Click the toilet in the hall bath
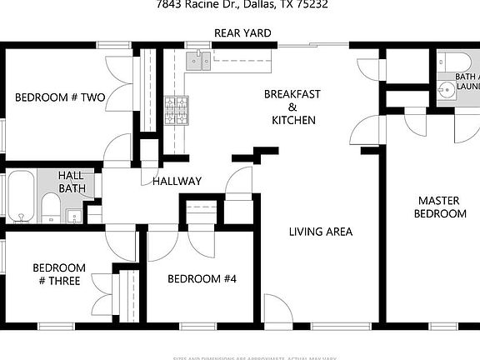[x=50, y=208]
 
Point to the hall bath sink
[x=73, y=217]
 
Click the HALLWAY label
[x=177, y=181]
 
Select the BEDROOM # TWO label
[x=60, y=97]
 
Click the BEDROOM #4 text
[x=202, y=278]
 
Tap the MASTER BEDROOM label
[x=442, y=207]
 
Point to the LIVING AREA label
[x=321, y=232]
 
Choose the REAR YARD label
[x=239, y=34]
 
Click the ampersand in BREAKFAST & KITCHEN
[x=292, y=107]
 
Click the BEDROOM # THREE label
[x=58, y=274]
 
